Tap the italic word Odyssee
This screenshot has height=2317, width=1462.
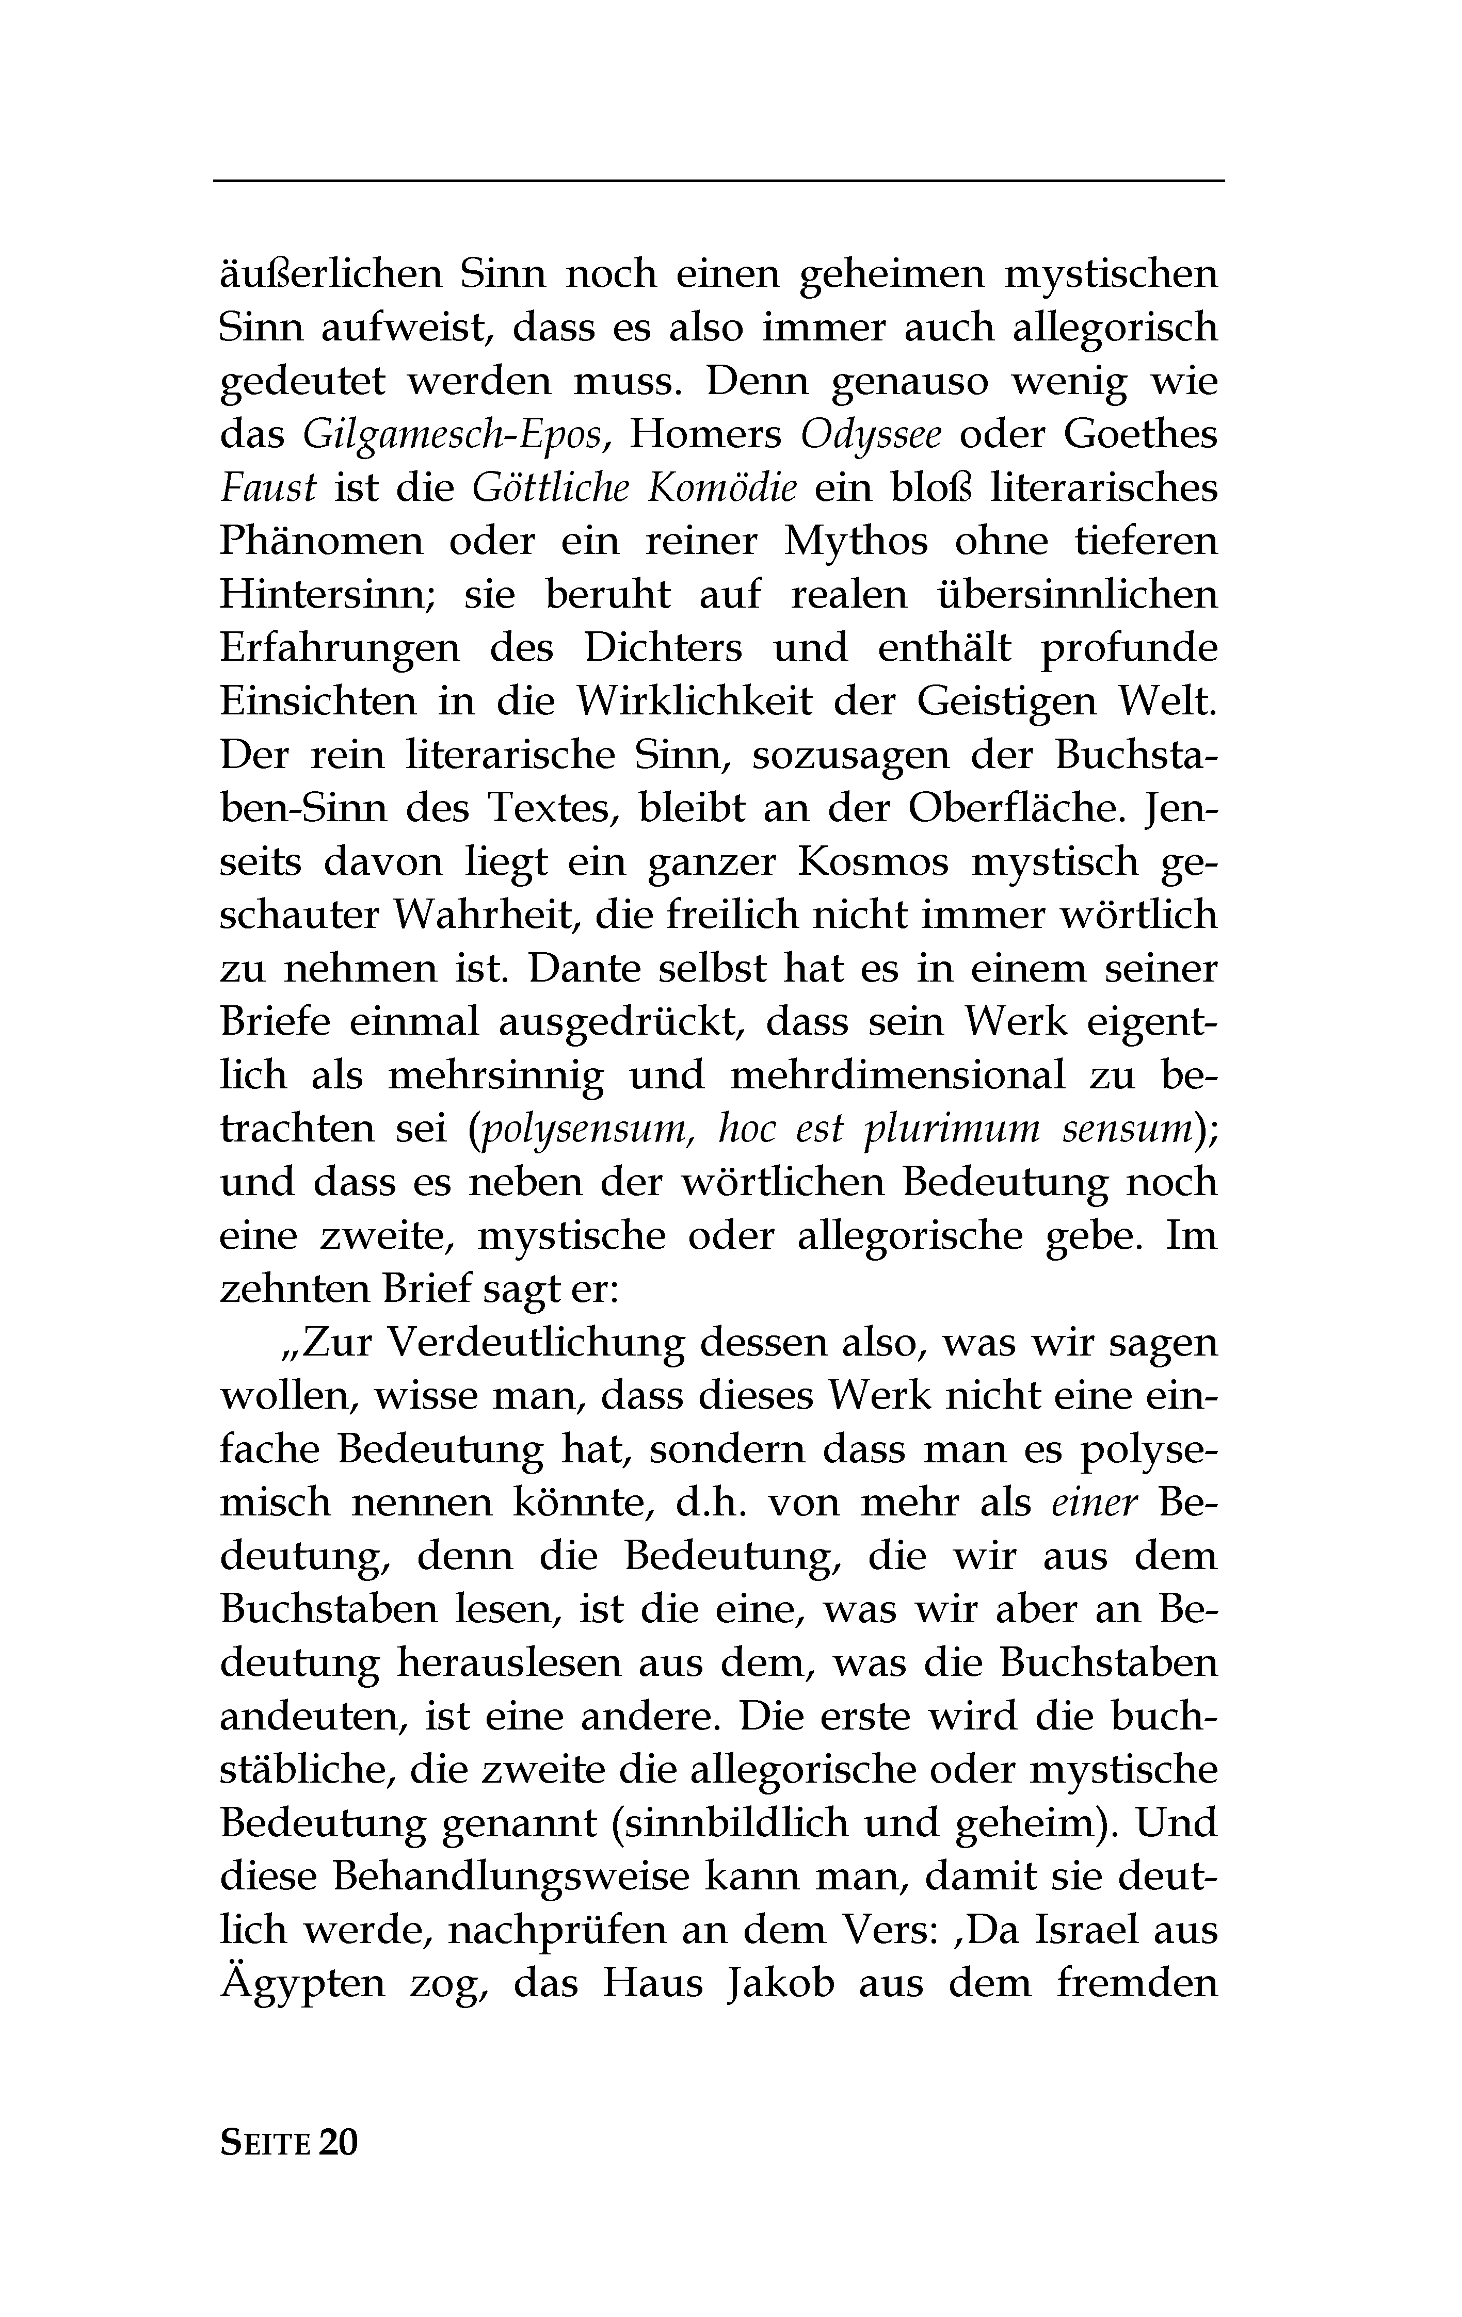[x=871, y=435]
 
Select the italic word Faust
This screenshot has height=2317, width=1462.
[x=267, y=488]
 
